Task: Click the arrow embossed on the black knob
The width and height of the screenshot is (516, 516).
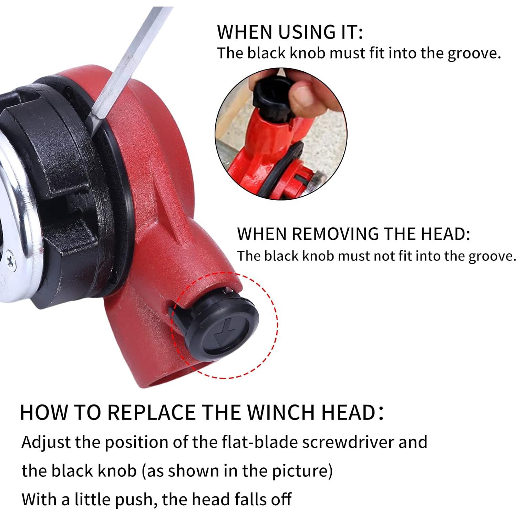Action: point(222,334)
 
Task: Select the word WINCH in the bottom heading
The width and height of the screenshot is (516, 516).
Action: point(280,412)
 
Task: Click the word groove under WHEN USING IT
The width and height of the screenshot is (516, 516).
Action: point(473,54)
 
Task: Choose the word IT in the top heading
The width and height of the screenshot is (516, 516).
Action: point(350,32)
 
